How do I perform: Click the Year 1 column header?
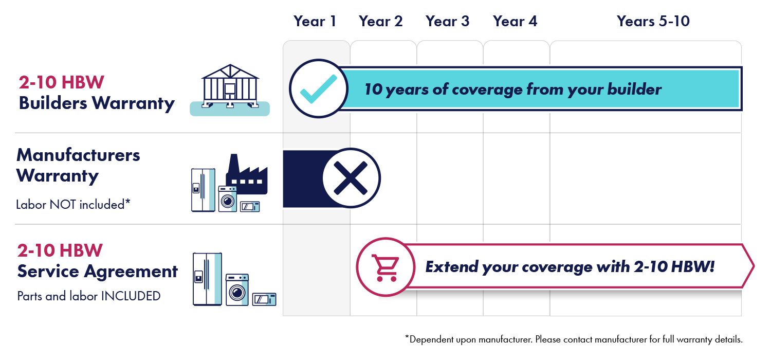click(315, 22)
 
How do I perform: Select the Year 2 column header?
click(381, 22)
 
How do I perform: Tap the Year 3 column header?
click(447, 22)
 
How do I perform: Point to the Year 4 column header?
click(515, 22)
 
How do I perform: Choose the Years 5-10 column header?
click(653, 22)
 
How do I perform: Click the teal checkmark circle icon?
click(318, 89)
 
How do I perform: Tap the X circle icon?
click(352, 178)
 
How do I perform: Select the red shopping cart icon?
click(385, 267)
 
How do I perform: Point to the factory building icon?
click(246, 175)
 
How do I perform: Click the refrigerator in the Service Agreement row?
click(207, 279)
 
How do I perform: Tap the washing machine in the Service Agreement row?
click(237, 290)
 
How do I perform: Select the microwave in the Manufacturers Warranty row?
click(250, 206)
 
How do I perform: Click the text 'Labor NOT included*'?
click(73, 205)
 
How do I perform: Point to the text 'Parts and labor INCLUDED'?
click(88, 296)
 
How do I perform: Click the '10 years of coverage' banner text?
click(512, 89)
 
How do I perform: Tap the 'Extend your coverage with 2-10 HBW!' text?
click(570, 267)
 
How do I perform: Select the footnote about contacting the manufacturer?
click(574, 339)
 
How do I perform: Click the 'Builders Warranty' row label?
click(97, 103)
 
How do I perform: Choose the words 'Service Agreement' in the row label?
click(98, 271)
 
